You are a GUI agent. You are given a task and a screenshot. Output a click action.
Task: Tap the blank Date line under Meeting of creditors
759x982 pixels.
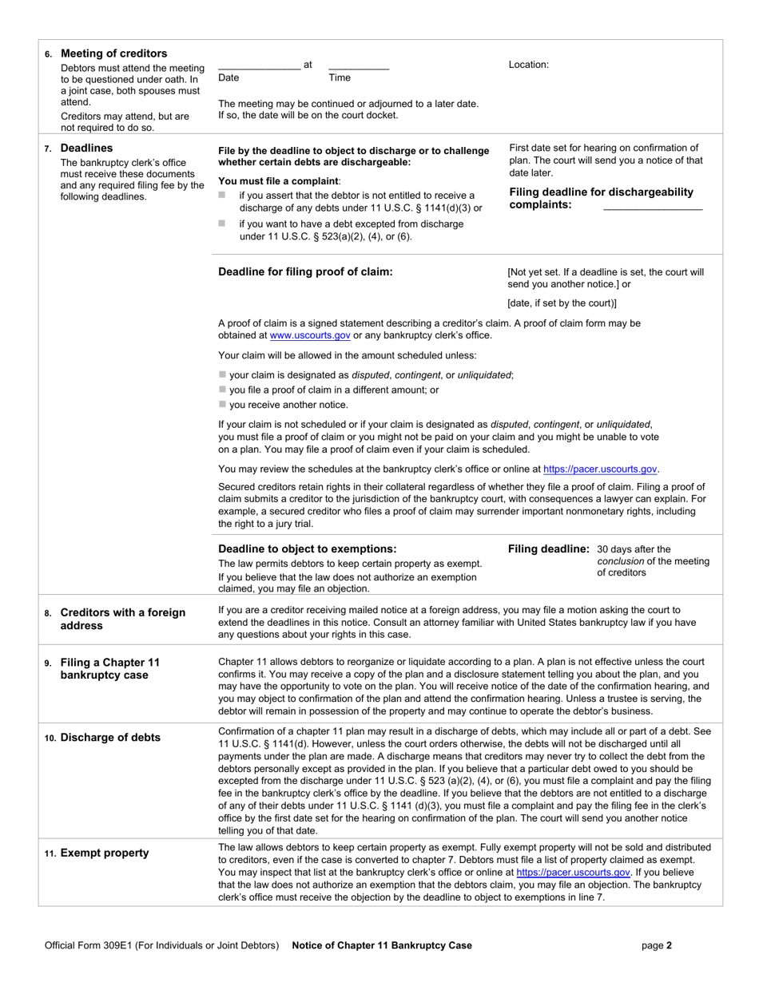coord(259,68)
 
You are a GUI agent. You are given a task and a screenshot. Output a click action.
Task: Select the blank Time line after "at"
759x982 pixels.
coord(359,68)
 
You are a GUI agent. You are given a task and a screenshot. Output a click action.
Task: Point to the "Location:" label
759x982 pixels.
coord(529,65)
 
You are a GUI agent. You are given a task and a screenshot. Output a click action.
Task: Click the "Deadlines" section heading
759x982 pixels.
coord(87,148)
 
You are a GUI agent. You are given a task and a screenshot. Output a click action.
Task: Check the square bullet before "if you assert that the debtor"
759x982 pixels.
coord(222,195)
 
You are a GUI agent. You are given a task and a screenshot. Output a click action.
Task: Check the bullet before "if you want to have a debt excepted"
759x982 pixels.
coord(222,224)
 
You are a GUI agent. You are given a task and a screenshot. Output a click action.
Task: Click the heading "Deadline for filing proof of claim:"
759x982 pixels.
coord(305,271)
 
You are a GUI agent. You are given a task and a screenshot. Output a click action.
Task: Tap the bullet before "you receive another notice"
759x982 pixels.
coord(222,405)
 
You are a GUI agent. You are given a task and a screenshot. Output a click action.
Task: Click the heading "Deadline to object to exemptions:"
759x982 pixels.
coord(308,548)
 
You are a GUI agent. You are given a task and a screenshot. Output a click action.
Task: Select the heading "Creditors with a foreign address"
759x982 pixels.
coord(123,619)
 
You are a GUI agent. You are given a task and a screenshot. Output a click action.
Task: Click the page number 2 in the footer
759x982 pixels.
coord(669,945)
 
